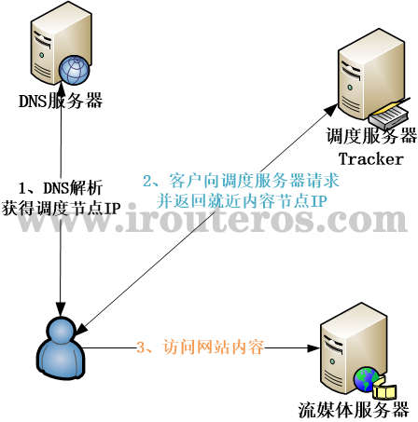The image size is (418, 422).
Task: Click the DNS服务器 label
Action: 61,101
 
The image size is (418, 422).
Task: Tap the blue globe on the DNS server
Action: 75,70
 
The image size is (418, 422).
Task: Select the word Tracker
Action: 370,159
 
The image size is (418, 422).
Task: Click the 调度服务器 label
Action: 371,135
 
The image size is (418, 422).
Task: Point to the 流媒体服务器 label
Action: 354,410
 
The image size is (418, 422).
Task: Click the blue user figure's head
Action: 61,331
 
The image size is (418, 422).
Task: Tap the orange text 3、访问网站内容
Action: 201,347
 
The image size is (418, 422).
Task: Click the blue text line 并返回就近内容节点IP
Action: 242,201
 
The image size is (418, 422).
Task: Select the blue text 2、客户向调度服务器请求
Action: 241,181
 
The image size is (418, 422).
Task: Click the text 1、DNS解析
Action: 61,188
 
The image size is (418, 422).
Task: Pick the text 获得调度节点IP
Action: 61,208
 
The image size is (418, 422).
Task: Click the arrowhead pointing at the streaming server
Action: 313,348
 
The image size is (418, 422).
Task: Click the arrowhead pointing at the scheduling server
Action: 330,110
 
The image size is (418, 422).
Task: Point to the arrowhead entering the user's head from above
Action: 61,308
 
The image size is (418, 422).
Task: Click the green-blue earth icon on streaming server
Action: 367,379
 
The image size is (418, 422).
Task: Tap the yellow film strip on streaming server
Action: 384,390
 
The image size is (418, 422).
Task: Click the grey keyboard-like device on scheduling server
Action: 388,116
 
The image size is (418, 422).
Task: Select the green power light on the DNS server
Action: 41,55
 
